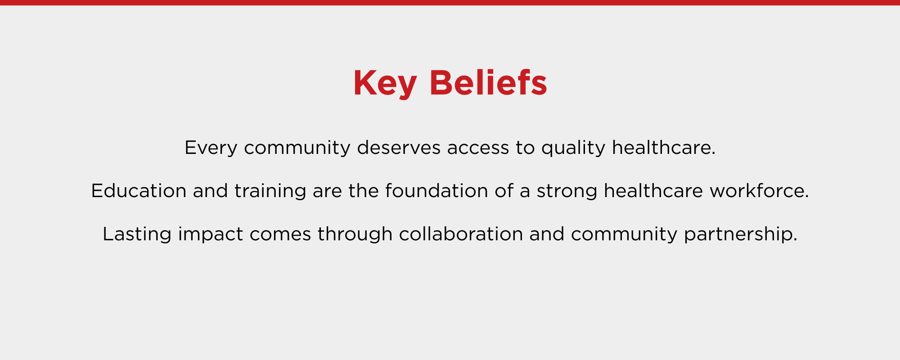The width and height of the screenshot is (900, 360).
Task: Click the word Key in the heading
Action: pos(385,84)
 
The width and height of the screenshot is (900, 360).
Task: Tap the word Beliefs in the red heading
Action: pos(488,83)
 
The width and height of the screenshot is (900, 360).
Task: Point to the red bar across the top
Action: pos(450,3)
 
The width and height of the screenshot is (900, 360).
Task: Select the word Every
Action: pos(211,148)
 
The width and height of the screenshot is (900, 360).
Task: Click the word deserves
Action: pos(399,148)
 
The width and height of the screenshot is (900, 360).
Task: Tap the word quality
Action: pos(573,148)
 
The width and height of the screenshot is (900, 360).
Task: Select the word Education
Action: pos(139,191)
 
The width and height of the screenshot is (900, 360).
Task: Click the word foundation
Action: pos(436,191)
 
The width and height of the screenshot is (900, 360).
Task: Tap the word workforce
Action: pos(759,191)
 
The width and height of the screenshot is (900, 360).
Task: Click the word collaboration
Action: pos(461,234)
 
